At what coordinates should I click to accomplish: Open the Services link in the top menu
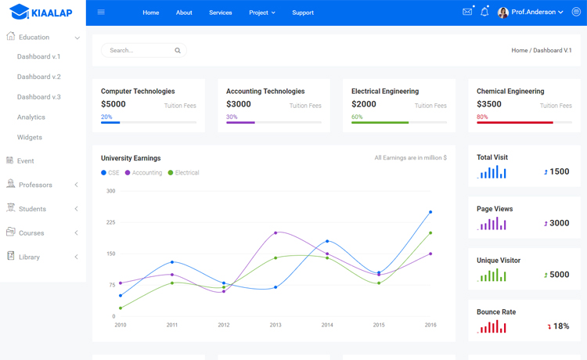pyautogui.click(x=220, y=13)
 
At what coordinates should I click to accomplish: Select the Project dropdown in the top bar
pyautogui.click(x=261, y=13)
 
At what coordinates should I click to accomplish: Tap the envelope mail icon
pyautogui.click(x=467, y=13)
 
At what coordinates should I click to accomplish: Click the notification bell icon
pyautogui.click(x=484, y=13)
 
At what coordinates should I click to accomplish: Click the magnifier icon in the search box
pyautogui.click(x=178, y=51)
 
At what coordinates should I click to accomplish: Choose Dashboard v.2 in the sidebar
pyautogui.click(x=38, y=77)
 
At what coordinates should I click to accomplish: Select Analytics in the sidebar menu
pyautogui.click(x=31, y=117)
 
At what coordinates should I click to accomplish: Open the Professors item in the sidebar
pyautogui.click(x=35, y=185)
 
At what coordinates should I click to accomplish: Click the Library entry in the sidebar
pyautogui.click(x=29, y=257)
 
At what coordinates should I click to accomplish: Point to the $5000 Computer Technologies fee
pyautogui.click(x=113, y=104)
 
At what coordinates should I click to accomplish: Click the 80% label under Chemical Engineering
pyautogui.click(x=482, y=117)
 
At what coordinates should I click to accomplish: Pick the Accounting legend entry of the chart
pyautogui.click(x=146, y=173)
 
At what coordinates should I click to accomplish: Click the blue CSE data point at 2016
pyautogui.click(x=430, y=212)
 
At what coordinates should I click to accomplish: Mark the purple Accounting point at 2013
pyautogui.click(x=275, y=232)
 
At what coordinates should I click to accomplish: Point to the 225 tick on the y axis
pyautogui.click(x=110, y=222)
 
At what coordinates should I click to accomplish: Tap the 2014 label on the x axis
pyautogui.click(x=327, y=325)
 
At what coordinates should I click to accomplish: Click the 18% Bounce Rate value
pyautogui.click(x=560, y=326)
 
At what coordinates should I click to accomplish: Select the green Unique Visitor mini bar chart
pyautogui.click(x=492, y=275)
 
